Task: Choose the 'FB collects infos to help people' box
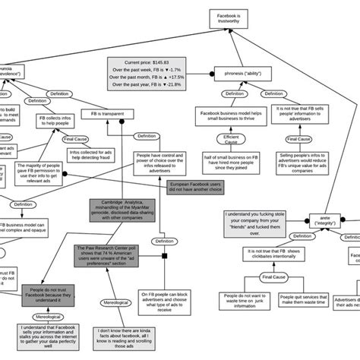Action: point(56,122)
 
